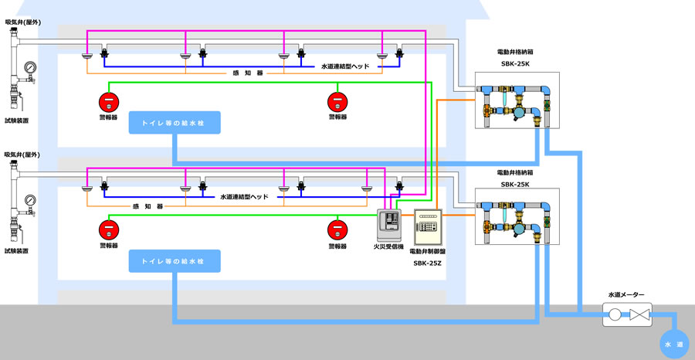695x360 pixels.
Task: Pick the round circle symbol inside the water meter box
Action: click(615, 315)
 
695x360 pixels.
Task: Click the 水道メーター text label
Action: click(625, 294)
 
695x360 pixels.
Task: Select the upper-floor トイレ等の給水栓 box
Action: click(175, 122)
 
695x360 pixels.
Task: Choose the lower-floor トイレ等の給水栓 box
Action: click(175, 261)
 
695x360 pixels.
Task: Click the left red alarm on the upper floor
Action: click(109, 101)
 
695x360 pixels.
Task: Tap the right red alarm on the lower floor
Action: click(337, 229)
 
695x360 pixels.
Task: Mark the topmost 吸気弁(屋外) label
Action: click(22, 23)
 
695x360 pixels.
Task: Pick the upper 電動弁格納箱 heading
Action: click(515, 53)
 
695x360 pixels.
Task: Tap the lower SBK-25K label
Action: click(515, 185)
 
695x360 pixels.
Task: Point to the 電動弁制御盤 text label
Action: click(426, 251)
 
